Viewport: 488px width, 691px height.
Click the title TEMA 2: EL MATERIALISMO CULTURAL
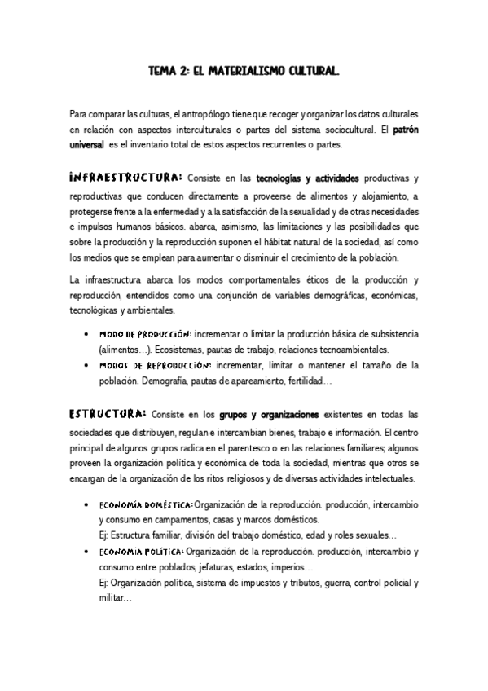[x=244, y=73]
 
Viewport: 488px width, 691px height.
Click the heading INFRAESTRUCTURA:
[x=126, y=177]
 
